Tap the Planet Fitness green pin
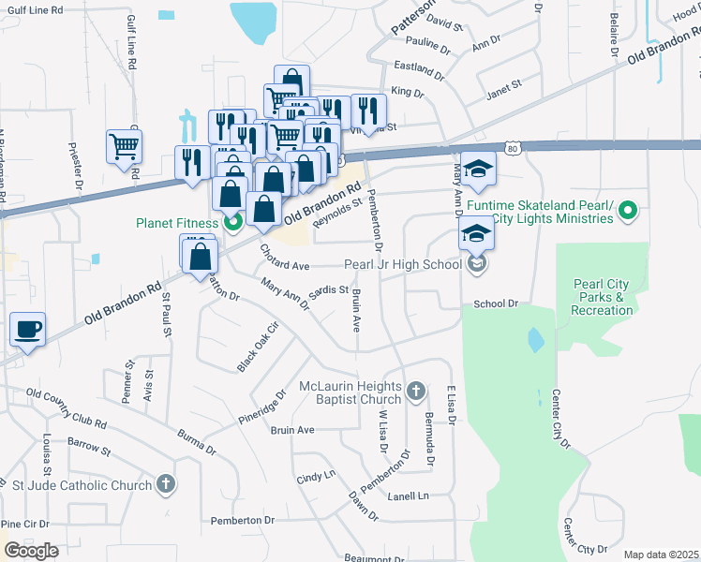234,223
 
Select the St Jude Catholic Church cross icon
166,484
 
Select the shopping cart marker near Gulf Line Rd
124,147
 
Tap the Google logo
31,551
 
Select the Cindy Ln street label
316,477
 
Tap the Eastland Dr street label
418,68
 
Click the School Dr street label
496,303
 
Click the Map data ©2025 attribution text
662,555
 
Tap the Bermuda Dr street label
429,437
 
